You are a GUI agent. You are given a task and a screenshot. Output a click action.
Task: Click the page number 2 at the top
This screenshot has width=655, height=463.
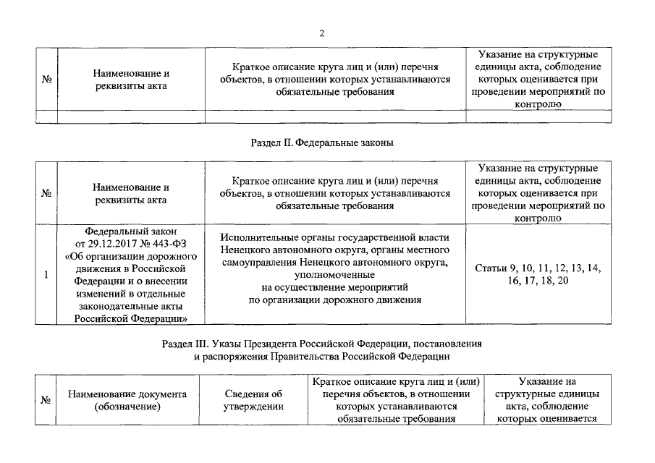click(x=322, y=33)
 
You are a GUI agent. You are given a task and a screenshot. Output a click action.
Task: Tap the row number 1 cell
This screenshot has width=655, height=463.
click(x=47, y=275)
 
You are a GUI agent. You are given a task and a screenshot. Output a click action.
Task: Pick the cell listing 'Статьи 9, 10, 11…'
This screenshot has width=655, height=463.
click(x=537, y=275)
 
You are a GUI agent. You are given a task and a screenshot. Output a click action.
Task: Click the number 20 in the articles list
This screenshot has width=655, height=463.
click(x=562, y=281)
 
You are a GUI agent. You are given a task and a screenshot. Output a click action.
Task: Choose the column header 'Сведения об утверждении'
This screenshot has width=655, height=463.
click(x=252, y=400)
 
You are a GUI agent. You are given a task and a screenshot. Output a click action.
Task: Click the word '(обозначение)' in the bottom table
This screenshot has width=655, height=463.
click(x=127, y=407)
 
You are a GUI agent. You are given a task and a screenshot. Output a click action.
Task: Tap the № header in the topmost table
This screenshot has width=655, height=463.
click(x=47, y=80)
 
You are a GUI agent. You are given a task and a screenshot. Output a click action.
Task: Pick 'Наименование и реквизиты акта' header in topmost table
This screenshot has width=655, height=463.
click(x=131, y=80)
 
